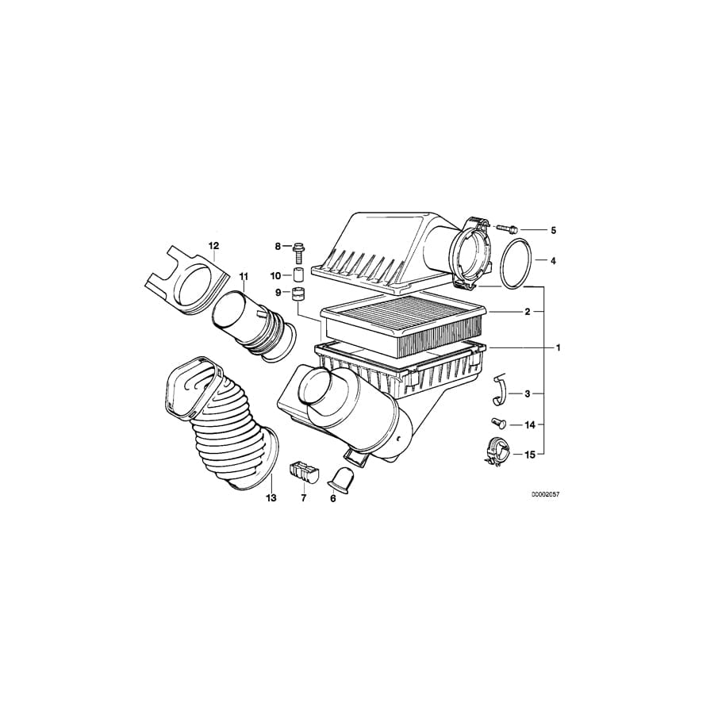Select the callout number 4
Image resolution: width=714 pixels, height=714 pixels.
(553, 260)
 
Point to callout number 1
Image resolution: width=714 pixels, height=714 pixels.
(558, 347)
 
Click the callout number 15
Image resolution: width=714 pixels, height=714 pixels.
(530, 455)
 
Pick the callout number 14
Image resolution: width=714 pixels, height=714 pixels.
(530, 424)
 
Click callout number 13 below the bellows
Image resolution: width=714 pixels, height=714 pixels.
(271, 498)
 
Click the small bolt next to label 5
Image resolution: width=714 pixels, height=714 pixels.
(508, 228)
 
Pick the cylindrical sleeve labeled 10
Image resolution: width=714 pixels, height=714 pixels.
(300, 275)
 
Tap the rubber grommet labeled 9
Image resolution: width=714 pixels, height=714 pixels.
(300, 297)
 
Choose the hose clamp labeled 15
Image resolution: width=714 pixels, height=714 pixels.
(493, 452)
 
